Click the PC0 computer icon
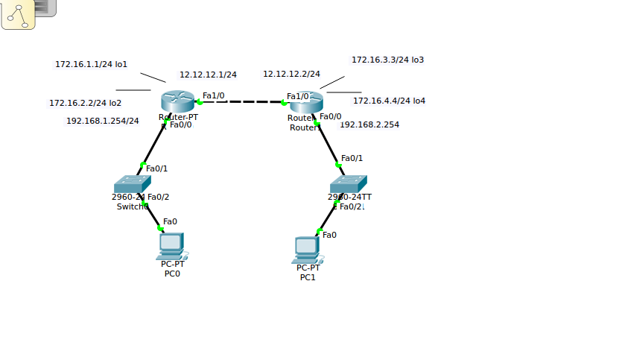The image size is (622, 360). click(x=171, y=244)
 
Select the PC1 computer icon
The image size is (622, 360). click(x=307, y=249)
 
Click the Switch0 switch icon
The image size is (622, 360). click(x=132, y=184)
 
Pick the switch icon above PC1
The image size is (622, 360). click(x=349, y=183)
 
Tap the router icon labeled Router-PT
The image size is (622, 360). click(x=177, y=101)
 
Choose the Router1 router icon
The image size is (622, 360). click(x=305, y=102)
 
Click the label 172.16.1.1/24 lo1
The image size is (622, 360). click(x=91, y=64)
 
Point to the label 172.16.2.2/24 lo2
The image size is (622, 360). click(x=85, y=103)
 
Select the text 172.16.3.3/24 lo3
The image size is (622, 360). click(x=387, y=60)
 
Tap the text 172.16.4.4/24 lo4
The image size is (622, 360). click(x=389, y=101)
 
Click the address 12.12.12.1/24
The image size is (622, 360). click(x=208, y=75)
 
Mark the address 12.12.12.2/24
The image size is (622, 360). click(x=291, y=74)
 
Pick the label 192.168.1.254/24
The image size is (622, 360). click(x=102, y=121)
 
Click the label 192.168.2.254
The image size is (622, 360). click(x=369, y=124)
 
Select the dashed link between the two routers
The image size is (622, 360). click(x=241, y=102)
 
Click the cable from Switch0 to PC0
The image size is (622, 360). click(x=153, y=216)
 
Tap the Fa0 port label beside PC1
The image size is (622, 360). click(x=329, y=235)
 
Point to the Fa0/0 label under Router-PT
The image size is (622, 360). click(x=181, y=124)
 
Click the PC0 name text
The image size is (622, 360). click(x=172, y=274)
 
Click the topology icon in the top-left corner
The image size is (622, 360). click(x=18, y=14)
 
